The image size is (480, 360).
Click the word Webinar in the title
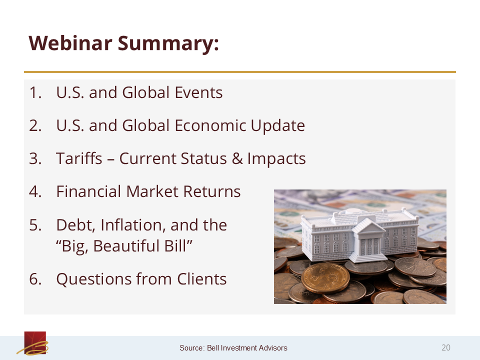pyautogui.click(x=70, y=43)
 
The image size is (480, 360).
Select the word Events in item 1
pyautogui.click(x=198, y=92)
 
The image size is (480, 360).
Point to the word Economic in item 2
pyautogui.click(x=210, y=125)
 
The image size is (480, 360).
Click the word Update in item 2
pyautogui.click(x=277, y=126)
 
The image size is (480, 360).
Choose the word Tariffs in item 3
pyautogui.click(x=79, y=158)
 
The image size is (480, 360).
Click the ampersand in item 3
pyautogui.click(x=237, y=159)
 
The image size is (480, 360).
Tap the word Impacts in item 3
pyautogui.click(x=276, y=159)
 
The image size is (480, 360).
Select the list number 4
pyautogui.click(x=35, y=191)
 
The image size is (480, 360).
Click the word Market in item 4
pyautogui.click(x=152, y=191)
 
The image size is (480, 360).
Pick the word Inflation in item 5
pyautogui.click(x=133, y=225)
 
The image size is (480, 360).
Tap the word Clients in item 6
pyautogui.click(x=201, y=279)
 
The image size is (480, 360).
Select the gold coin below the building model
pyautogui.click(x=325, y=277)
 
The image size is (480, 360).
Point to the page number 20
pyautogui.click(x=445, y=347)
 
